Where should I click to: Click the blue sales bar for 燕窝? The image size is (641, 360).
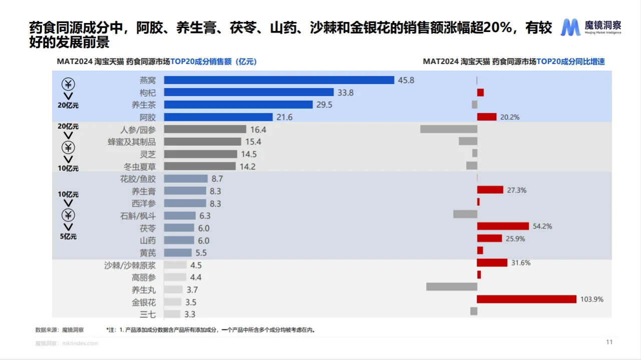point(279,80)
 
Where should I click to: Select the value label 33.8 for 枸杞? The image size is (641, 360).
point(346,93)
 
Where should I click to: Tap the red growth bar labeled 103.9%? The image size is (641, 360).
point(526,299)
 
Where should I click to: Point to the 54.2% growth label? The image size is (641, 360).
point(542,226)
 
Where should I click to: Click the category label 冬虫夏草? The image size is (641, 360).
point(140,166)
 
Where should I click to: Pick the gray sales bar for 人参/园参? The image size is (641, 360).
point(205,129)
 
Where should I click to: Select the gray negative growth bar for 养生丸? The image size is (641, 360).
point(451,287)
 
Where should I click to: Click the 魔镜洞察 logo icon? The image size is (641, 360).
point(570,28)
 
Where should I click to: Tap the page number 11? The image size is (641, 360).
point(609,342)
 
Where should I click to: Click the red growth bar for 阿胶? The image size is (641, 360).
point(486,117)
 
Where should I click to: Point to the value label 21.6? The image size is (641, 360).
point(284,117)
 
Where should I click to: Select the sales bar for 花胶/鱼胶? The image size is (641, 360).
point(185,179)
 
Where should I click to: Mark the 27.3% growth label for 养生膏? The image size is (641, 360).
point(517,190)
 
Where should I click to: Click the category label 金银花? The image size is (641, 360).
point(144,302)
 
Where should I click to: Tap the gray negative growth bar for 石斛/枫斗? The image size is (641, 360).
point(465,214)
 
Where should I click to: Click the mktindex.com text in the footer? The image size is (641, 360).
point(80,343)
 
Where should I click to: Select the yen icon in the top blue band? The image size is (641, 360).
point(69,83)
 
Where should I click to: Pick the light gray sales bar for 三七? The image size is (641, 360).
point(172,314)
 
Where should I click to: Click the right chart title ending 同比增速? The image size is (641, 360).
point(514,62)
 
